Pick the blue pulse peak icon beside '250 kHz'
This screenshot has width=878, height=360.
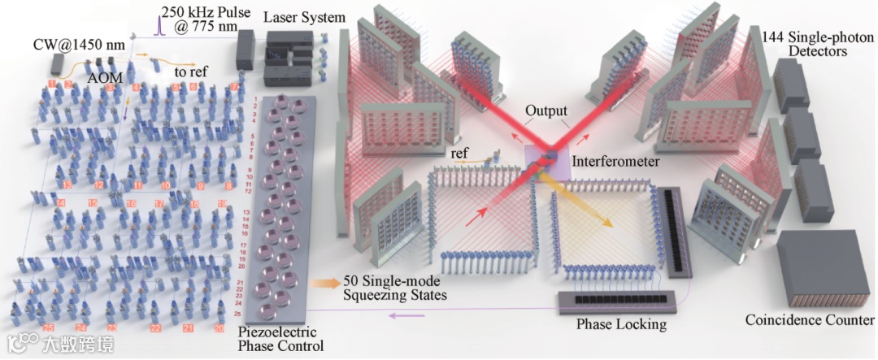click(160, 24)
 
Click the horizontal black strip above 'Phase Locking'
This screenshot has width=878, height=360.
click(618, 300)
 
